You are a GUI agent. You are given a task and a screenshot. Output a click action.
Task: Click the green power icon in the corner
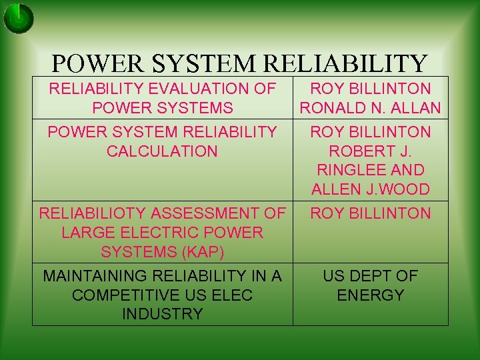coord(19,18)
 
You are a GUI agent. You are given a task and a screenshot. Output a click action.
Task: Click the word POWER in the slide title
coord(97,63)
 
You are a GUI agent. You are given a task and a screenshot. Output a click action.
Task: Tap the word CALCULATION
coord(162,151)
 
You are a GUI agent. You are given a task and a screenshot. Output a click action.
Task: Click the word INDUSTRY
coord(162,314)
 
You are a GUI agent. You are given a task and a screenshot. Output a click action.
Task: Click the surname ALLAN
coord(417,108)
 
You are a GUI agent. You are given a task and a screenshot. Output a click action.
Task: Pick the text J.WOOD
coord(399,189)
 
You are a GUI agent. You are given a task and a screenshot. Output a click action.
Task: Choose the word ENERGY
coord(371,295)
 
